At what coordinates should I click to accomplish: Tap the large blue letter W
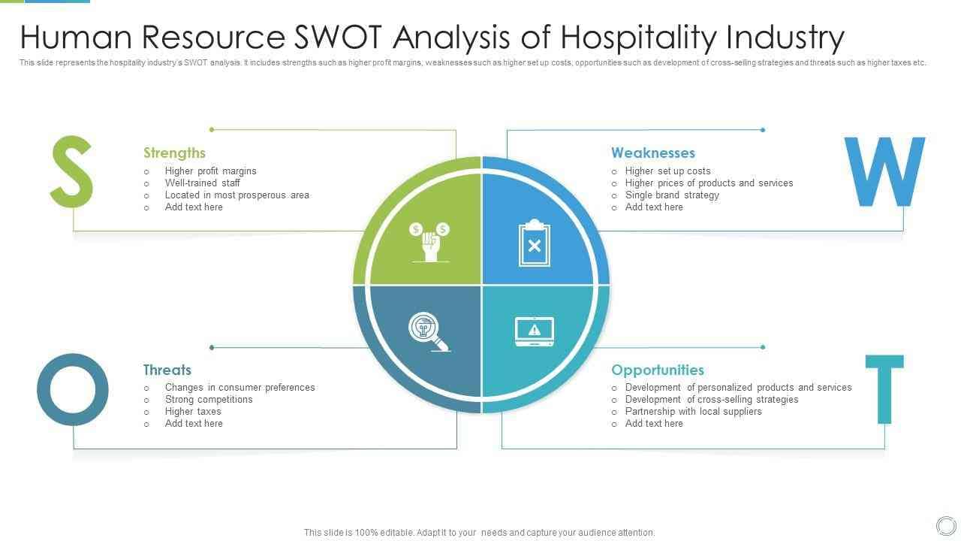pos(884,172)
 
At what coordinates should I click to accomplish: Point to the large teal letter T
pos(884,389)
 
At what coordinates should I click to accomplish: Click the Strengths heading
pos(174,153)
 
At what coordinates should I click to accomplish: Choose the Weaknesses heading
pos(653,153)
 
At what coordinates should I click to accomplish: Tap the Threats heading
pos(167,370)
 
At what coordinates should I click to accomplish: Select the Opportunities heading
pos(658,370)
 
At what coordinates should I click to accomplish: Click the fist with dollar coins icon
pos(429,242)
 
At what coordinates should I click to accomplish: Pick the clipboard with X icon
pos(534,243)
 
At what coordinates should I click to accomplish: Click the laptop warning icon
pos(534,331)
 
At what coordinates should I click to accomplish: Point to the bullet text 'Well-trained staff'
pos(203,183)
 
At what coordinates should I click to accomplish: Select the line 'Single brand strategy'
pos(672,195)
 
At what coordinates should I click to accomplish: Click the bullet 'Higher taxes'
pos(193,411)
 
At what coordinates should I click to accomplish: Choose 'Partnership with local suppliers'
pos(693,411)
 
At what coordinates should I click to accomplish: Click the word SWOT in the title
pos(338,37)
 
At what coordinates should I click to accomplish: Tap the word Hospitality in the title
pos(639,38)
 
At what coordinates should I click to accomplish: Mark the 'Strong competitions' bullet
pos(209,400)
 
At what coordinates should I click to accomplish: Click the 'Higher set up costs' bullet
pos(667,171)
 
